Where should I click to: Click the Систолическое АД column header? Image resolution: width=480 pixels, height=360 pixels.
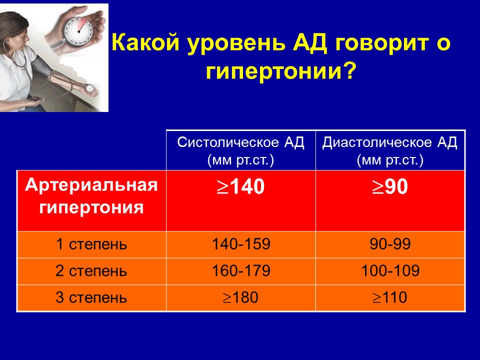(240, 150)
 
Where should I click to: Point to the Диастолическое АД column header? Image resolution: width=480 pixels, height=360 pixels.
(389, 150)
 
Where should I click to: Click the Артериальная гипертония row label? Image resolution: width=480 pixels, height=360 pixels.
(91, 196)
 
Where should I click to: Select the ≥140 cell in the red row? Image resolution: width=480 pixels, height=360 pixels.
(240, 186)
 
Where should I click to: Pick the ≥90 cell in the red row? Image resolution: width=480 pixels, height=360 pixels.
(390, 186)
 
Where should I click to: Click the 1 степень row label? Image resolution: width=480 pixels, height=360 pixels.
(91, 244)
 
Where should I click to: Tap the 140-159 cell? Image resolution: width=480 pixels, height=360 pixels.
(241, 244)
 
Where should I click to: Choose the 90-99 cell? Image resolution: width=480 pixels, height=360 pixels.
(390, 244)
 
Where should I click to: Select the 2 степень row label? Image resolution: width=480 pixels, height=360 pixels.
(91, 271)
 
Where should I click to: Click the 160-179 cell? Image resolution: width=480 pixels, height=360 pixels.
(241, 270)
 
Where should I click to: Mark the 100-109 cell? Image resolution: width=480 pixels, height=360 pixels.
(390, 270)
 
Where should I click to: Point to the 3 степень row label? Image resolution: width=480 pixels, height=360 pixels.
(91, 297)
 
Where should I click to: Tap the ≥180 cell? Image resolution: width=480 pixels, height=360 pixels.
(240, 297)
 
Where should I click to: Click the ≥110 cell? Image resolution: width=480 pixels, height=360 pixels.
(389, 297)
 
